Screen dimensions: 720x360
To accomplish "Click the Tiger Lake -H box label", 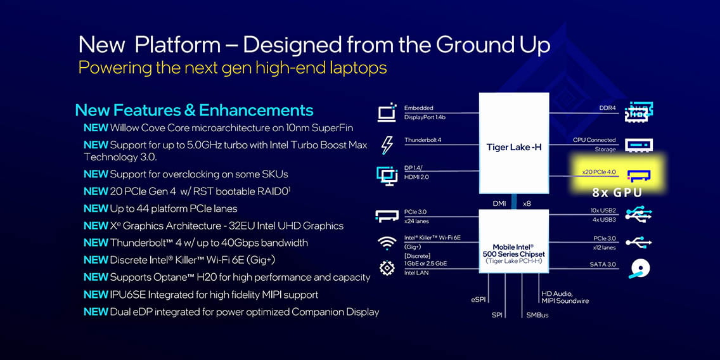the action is (x=514, y=148).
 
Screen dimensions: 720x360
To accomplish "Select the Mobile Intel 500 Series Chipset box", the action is (x=514, y=241).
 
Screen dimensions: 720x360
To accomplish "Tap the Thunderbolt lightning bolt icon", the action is (x=387, y=145).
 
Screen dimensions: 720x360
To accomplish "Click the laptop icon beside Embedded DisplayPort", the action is (x=387, y=112).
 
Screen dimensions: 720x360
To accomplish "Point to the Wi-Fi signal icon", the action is (x=387, y=243).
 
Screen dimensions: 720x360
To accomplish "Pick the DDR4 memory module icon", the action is (x=639, y=112).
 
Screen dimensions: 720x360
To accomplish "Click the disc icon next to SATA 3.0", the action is (x=639, y=269).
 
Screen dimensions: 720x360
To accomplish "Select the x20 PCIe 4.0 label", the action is (x=599, y=172).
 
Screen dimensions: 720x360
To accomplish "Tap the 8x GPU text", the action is (x=616, y=193).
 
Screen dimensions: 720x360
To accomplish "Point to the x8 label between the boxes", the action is (x=527, y=203).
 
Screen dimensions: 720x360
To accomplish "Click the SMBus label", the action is (x=537, y=315).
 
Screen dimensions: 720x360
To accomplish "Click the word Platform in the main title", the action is (x=177, y=46).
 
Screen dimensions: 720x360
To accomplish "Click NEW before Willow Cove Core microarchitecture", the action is (x=96, y=127).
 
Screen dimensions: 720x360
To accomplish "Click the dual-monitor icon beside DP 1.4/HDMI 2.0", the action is (x=387, y=176).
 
